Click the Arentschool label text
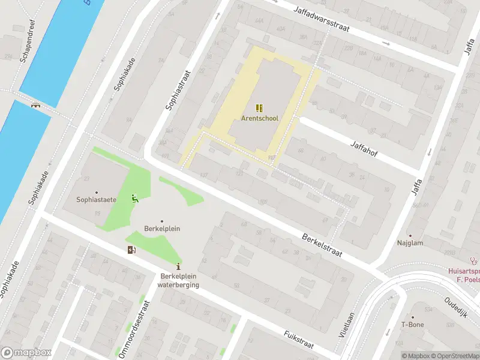pos(259,118)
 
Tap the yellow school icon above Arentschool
pos(259,108)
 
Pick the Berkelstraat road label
pos(322,245)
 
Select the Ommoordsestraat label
pos(133,329)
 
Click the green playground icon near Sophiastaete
pos(135,199)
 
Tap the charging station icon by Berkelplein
pos(131,250)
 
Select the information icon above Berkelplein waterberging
pos(178,266)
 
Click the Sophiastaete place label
pos(95,199)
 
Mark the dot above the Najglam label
pos(410,235)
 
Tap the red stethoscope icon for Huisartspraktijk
pos(474,261)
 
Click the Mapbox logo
pos(26,353)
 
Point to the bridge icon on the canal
pos(37,105)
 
